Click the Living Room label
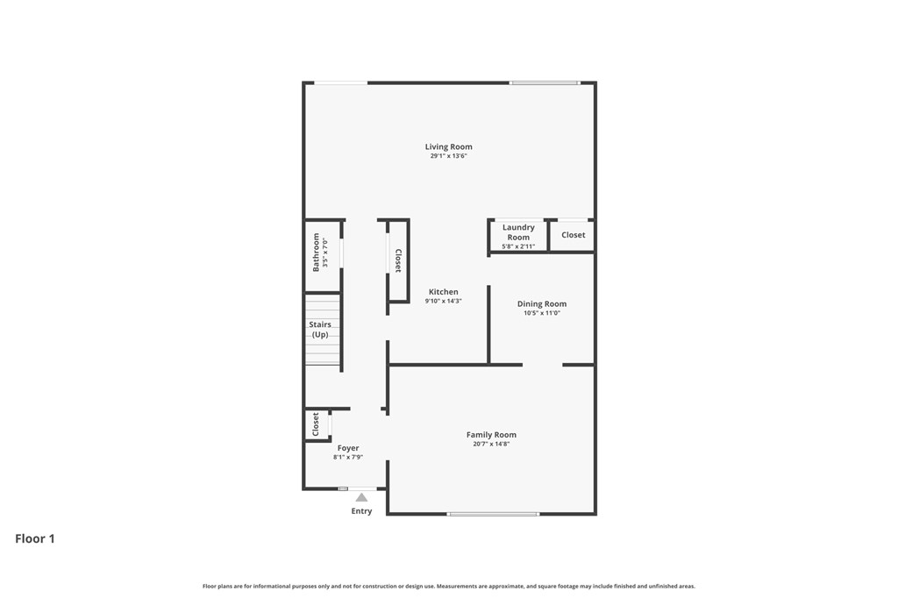[x=448, y=147]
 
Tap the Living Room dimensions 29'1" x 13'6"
[x=448, y=157]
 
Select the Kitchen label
[x=443, y=292]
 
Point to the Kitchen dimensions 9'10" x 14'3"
[x=443, y=302]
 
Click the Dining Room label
[x=541, y=304]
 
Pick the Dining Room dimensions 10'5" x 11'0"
[x=541, y=313]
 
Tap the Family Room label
[x=491, y=435]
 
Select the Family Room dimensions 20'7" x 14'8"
[x=491, y=445]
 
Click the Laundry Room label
[x=518, y=232]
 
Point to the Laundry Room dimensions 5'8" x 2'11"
[x=518, y=246]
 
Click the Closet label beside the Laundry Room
[x=573, y=235]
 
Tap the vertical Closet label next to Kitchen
[x=398, y=260]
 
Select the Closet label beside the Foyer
[x=316, y=424]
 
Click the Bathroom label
[x=317, y=252]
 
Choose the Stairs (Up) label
[x=320, y=330]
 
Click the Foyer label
[x=348, y=448]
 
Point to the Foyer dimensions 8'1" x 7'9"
[x=348, y=458]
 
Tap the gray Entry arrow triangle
[x=361, y=497]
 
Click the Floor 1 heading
[x=35, y=539]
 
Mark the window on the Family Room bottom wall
[x=493, y=514]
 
